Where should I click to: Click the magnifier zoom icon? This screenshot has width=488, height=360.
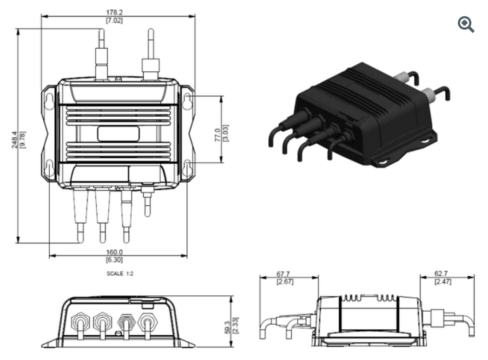(466, 25)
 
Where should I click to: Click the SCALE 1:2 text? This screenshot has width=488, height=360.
(120, 274)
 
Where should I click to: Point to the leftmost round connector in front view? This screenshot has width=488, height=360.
(80, 321)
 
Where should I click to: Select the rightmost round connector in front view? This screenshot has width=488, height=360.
(147, 321)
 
